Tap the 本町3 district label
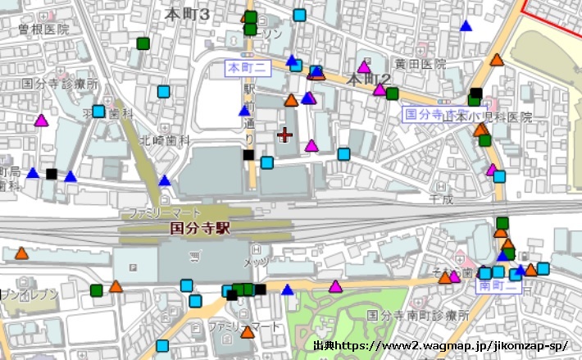click(187, 14)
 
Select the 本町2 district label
click(366, 80)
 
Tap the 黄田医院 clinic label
click(419, 63)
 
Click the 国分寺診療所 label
click(60, 84)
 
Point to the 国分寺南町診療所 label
click(417, 315)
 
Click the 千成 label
click(441, 198)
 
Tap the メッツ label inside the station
click(255, 262)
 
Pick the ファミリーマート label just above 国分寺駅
click(159, 213)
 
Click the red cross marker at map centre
click(284, 134)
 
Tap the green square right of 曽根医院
click(143, 43)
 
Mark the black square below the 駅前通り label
click(248, 154)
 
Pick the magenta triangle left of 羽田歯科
click(41, 121)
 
